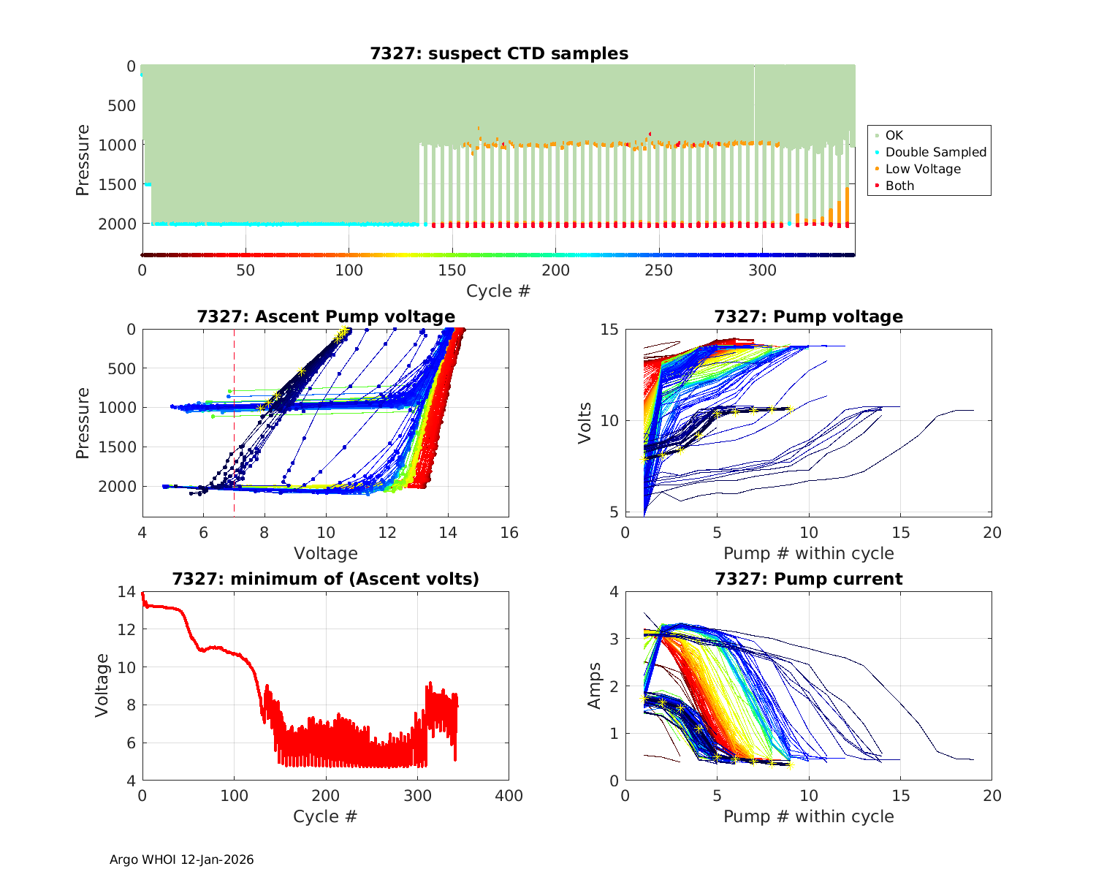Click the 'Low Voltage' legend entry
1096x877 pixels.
[922, 169]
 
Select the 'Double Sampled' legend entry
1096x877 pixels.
[935, 152]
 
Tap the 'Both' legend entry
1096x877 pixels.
[899, 186]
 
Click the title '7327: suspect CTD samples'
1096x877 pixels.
[499, 53]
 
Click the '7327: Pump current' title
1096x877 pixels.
[808, 579]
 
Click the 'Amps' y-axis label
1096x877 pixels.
[595, 686]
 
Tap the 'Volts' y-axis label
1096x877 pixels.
[585, 422]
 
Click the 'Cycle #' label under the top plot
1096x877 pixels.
[498, 291]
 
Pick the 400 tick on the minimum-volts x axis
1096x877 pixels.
[509, 796]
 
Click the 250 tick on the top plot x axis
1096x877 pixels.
[659, 270]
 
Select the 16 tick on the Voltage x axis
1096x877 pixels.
[509, 533]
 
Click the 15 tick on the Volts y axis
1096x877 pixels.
[609, 330]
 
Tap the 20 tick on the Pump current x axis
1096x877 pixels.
[992, 796]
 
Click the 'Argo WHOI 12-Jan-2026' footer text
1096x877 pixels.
[181, 859]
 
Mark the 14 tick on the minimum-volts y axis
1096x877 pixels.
[126, 592]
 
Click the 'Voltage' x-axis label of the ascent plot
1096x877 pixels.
[326, 553]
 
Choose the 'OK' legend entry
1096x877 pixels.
[894, 135]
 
